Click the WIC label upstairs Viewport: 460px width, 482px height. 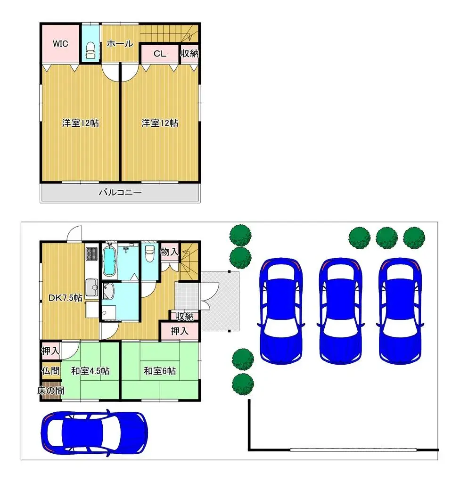pos(60,44)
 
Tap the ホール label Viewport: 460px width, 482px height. pos(120,44)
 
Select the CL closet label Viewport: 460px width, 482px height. pos(160,54)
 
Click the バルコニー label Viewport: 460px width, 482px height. pos(120,192)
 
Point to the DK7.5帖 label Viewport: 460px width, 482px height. pos(66,297)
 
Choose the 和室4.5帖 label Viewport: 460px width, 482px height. pos(90,371)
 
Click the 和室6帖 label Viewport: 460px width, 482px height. pos(160,371)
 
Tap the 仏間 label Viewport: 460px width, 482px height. pos(50,371)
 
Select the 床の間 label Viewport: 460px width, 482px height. pos(50,391)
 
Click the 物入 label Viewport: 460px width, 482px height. pos(169,252)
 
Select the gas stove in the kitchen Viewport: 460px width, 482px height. pos(91,254)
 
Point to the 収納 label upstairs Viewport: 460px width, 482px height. pos(189,54)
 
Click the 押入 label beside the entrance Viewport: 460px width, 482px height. pos(179,331)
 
